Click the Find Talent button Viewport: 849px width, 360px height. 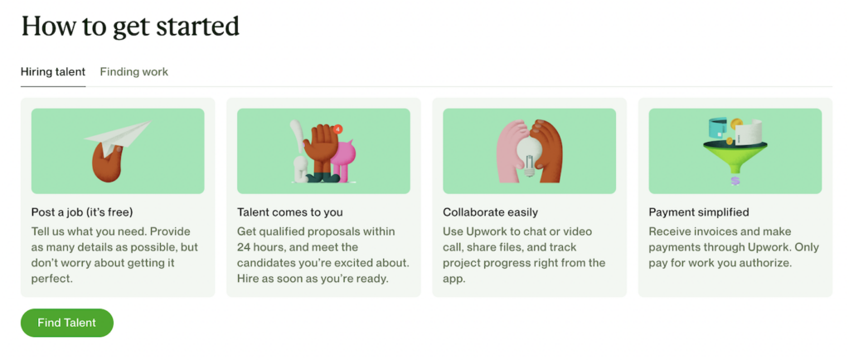click(66, 323)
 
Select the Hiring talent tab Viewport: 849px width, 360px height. click(53, 72)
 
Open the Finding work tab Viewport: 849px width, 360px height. click(133, 72)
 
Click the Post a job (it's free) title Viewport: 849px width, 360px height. click(82, 212)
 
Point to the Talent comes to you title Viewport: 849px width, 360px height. click(289, 212)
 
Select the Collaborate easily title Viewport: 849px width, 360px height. click(490, 212)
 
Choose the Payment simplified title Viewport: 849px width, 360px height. click(698, 212)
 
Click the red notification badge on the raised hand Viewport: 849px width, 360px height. click(337, 130)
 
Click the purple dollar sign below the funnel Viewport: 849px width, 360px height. click(735, 180)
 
